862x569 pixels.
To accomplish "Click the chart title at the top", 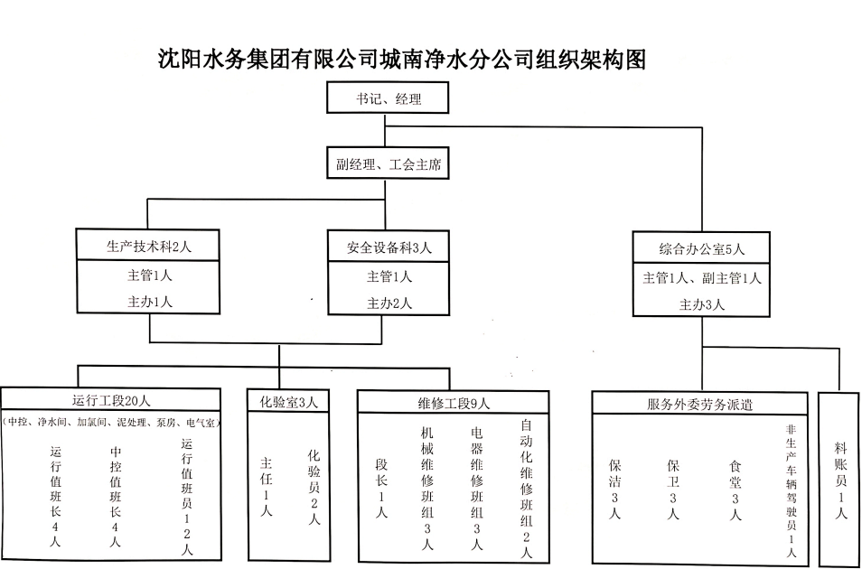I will click(x=402, y=60).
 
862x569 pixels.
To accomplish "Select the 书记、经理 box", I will click(x=388, y=98).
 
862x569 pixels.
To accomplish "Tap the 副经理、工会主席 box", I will click(x=388, y=166).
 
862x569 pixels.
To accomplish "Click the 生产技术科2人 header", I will click(x=149, y=246).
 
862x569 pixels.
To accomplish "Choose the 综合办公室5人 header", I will click(x=702, y=249).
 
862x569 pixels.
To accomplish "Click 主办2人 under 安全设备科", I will click(x=389, y=303).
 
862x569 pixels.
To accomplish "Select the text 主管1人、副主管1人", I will click(x=702, y=278).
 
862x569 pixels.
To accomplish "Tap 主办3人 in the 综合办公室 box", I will click(x=702, y=304).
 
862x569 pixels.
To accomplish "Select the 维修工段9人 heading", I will click(x=453, y=402).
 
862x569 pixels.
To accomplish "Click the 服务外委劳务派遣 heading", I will click(x=700, y=404).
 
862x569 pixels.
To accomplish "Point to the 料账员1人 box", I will click(x=841, y=479).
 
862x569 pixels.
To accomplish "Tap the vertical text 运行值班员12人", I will click(x=187, y=496).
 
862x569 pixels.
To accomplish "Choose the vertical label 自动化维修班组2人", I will click(x=527, y=488).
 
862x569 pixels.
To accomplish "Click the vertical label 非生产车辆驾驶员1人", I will click(x=792, y=492).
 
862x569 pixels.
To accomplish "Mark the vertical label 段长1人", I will click(x=382, y=488).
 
